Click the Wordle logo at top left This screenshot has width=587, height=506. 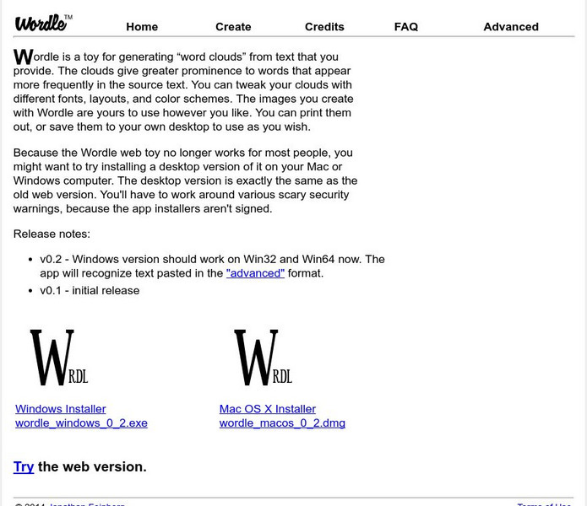click(x=41, y=22)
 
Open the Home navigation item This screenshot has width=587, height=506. click(x=142, y=27)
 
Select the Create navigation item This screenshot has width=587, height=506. click(x=233, y=27)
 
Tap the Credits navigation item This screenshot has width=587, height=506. click(x=324, y=27)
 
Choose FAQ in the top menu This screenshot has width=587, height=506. click(x=406, y=27)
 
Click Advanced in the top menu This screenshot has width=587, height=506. click(x=511, y=27)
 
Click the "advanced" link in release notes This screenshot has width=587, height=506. click(x=255, y=273)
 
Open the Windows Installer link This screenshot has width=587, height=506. click(x=61, y=409)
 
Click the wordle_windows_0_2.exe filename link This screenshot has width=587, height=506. click(x=81, y=423)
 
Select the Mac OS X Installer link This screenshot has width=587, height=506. click(x=268, y=409)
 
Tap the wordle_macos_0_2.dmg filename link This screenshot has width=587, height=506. click(x=282, y=423)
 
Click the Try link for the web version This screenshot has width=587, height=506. click(x=24, y=466)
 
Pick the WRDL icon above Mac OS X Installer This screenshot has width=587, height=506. click(x=263, y=358)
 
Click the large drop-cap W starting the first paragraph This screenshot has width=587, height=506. click(x=24, y=57)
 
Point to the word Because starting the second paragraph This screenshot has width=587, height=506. click(x=39, y=153)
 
